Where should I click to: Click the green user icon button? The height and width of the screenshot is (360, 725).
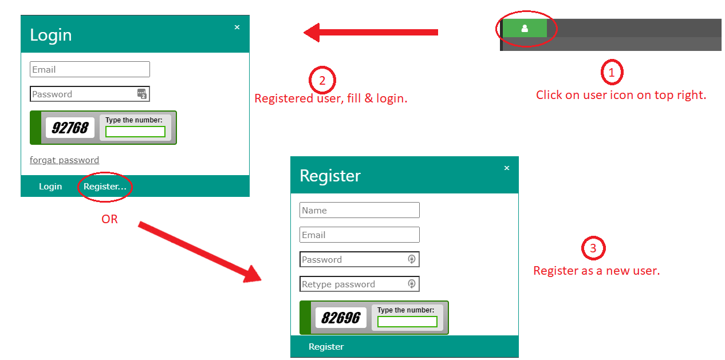525,28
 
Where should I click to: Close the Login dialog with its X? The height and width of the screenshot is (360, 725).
237,27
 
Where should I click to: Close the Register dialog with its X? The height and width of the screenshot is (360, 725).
507,168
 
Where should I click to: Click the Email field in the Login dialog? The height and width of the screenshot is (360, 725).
90,69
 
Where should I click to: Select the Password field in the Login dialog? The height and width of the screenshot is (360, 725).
90,94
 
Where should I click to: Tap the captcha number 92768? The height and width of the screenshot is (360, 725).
70,128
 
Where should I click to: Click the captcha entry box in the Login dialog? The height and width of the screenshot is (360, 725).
135,132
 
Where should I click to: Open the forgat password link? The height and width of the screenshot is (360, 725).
64,160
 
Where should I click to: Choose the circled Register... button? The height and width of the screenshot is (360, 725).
105,187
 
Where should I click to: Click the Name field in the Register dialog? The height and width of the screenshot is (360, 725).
360,210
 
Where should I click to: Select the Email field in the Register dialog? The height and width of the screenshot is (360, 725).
360,235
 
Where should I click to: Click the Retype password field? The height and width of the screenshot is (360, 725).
360,284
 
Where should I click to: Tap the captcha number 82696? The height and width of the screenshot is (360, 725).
341,318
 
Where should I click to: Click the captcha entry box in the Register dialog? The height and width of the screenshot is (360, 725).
407,322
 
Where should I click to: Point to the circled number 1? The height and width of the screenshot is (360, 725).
612,72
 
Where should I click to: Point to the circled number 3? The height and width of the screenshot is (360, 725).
593,248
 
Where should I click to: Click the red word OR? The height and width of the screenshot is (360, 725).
109,219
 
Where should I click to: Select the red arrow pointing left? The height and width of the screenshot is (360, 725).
371,33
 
